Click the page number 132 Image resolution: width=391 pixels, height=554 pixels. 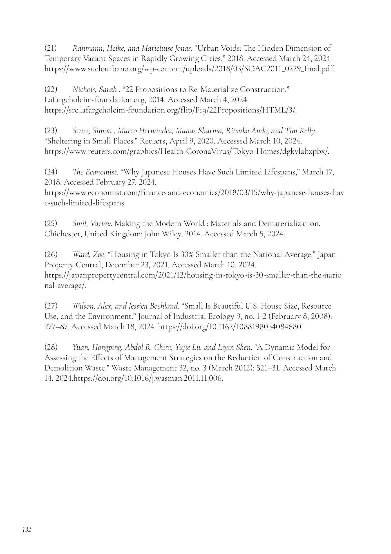(27, 530)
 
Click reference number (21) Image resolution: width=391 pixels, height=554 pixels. (51, 48)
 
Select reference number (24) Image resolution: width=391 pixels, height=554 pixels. (51, 172)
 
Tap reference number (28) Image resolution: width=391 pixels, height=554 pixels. (51, 347)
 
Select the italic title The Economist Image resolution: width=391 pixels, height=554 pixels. (95, 172)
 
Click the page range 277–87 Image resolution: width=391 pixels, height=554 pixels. (57, 327)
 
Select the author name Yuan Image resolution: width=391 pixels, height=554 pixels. (81, 347)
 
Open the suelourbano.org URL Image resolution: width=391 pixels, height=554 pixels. (189, 69)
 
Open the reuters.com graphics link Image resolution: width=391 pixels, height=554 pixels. (187, 151)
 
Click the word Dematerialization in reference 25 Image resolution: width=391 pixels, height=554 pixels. (289, 223)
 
